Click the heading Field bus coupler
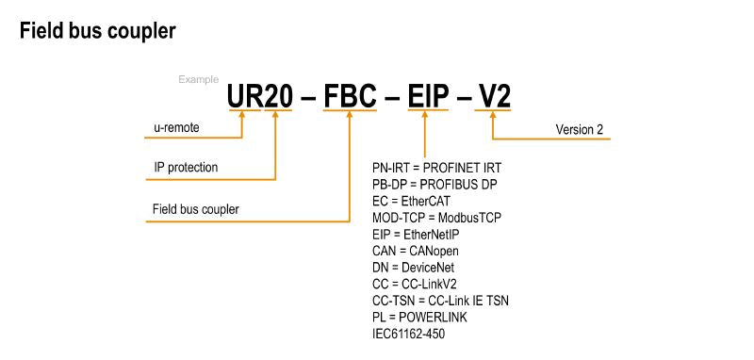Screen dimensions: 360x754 (96, 31)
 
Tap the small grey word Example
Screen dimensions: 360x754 (199, 80)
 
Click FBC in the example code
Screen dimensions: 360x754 (352, 95)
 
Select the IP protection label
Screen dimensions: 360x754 (187, 167)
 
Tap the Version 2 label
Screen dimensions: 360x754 (580, 129)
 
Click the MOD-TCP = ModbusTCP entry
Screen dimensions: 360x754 (437, 218)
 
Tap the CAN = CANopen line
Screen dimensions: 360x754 (416, 252)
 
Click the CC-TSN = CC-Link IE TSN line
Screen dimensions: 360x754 (441, 301)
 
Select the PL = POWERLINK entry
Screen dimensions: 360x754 (419, 318)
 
